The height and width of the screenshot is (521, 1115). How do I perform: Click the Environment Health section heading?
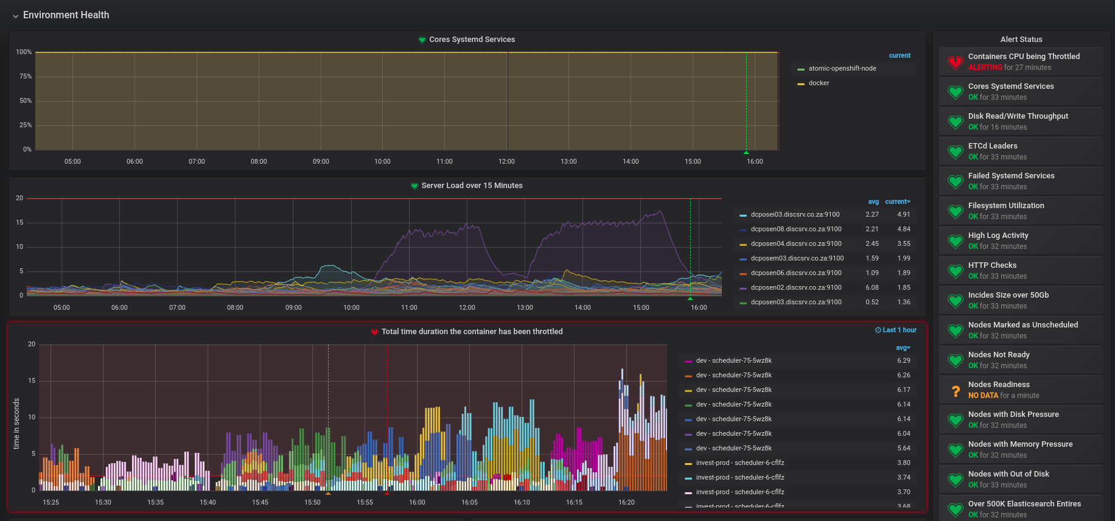click(x=66, y=15)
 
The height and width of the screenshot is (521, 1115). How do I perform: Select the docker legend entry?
click(x=819, y=83)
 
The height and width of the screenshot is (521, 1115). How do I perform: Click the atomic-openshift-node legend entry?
click(x=842, y=69)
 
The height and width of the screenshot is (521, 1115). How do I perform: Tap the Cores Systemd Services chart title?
click(x=472, y=40)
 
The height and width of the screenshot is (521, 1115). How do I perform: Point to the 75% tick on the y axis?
click(x=26, y=77)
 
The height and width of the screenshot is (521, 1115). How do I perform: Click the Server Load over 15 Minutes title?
click(x=472, y=186)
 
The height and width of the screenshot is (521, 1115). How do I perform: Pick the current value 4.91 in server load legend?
click(x=903, y=215)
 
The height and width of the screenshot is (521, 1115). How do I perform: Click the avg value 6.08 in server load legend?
click(x=872, y=288)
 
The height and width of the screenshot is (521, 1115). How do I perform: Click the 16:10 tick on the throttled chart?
click(x=522, y=503)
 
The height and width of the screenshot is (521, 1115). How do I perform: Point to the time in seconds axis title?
click(x=16, y=424)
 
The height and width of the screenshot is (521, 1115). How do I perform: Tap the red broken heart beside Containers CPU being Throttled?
click(x=955, y=62)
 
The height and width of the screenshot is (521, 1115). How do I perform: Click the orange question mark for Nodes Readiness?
click(x=956, y=390)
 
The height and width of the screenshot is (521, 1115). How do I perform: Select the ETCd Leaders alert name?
click(x=993, y=146)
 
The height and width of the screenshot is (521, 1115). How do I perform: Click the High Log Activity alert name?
click(x=998, y=236)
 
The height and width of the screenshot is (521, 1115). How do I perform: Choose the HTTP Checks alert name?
click(x=992, y=265)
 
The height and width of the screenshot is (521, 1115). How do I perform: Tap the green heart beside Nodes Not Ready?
click(x=955, y=360)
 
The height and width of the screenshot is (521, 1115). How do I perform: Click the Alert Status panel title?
click(x=1021, y=40)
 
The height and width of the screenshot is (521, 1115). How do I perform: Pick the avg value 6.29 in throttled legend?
click(x=903, y=361)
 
